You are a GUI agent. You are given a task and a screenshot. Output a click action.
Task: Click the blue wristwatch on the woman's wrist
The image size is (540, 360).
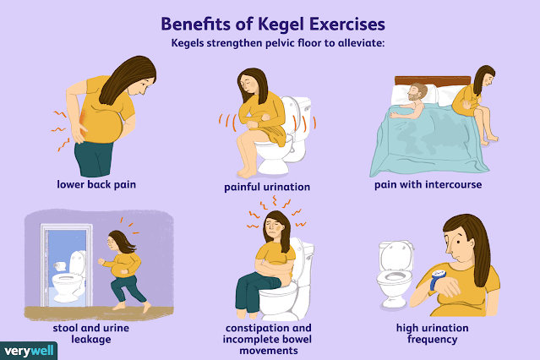[x=438, y=278]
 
